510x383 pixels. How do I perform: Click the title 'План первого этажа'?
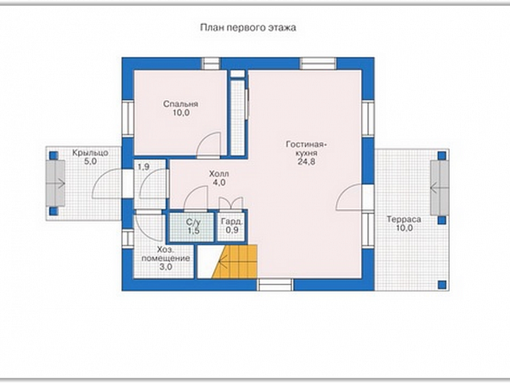(248, 27)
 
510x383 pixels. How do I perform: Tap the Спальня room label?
(180, 104)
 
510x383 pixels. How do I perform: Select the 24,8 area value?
(306, 162)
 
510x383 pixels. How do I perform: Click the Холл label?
(219, 174)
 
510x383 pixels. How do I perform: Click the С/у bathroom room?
(191, 227)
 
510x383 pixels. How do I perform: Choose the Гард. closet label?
(232, 221)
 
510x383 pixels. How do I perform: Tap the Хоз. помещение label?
(166, 254)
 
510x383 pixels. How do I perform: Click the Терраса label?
(404, 220)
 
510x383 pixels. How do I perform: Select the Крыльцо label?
(90, 153)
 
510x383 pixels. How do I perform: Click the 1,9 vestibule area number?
(143, 167)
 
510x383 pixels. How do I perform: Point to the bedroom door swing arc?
(208, 143)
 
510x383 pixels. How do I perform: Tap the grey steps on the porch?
(56, 183)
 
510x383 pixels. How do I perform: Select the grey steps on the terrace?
(440, 187)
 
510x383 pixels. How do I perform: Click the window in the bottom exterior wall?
(275, 285)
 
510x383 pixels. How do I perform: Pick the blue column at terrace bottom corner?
(442, 285)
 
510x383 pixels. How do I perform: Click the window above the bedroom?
(211, 64)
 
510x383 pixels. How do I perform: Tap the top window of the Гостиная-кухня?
(318, 64)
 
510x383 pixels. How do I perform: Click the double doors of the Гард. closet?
(231, 203)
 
